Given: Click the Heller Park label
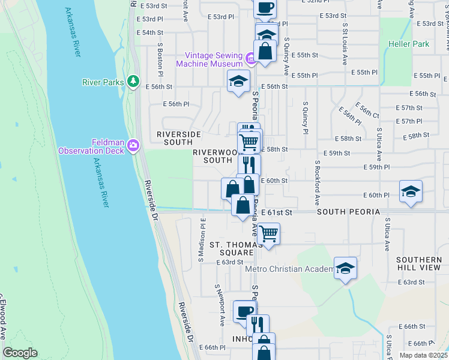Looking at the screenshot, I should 408,44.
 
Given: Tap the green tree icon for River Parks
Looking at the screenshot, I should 133,82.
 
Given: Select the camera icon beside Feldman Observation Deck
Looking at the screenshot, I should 133,145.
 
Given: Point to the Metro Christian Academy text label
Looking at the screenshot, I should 289,268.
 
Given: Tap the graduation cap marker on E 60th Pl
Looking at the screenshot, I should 410,192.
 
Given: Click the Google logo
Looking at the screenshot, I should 20,353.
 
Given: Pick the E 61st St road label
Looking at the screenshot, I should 277,212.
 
